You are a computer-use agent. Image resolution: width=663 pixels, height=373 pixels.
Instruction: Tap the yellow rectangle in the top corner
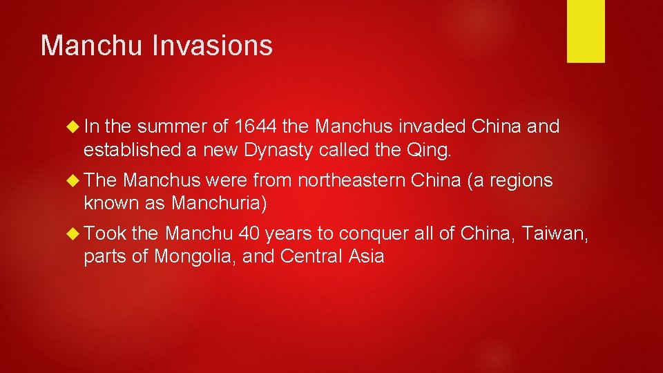tap(586, 30)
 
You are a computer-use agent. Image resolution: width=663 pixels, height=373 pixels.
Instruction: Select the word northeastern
tap(350, 180)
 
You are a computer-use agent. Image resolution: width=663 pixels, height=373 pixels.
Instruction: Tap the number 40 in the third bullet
tap(250, 234)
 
